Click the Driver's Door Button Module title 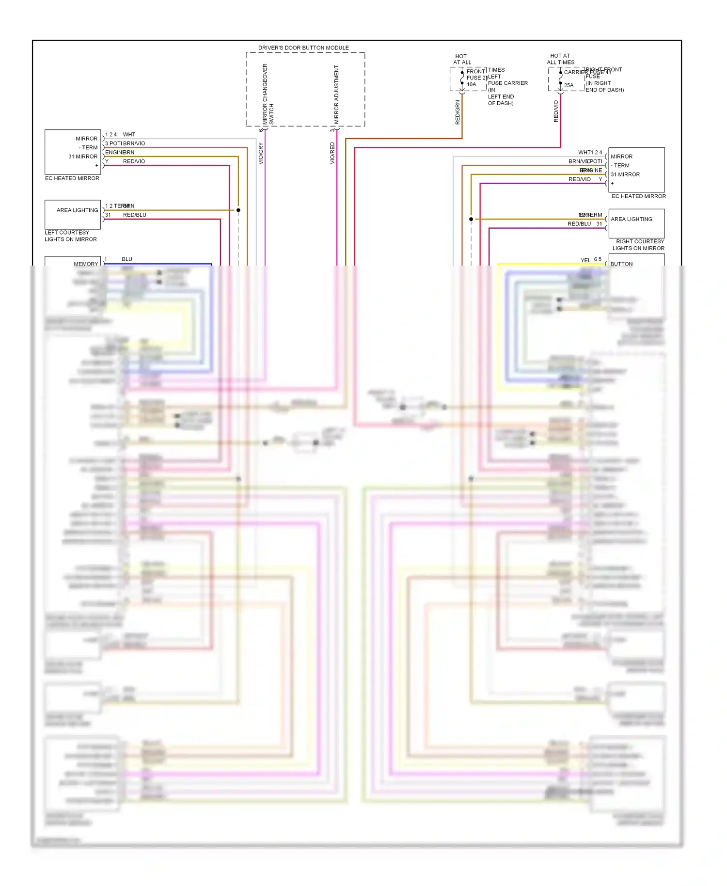[x=303, y=48]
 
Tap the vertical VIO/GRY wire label [x=261, y=153]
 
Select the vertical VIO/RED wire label [x=332, y=153]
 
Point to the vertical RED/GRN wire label [x=458, y=112]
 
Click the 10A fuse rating [x=472, y=84]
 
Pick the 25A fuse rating [x=569, y=85]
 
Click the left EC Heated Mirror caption [x=72, y=178]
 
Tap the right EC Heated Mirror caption [x=639, y=196]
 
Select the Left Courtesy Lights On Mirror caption [x=71, y=236]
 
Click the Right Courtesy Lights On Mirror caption [x=639, y=245]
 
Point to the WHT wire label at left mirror [x=129, y=135]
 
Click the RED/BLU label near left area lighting [x=135, y=215]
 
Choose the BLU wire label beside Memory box [x=127, y=259]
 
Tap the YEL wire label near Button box [x=585, y=260]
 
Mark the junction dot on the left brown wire [x=238, y=210]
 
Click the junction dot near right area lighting [x=471, y=219]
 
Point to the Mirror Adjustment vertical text [x=336, y=94]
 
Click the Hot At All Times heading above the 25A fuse [x=561, y=59]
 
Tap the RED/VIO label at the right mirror [x=580, y=179]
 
